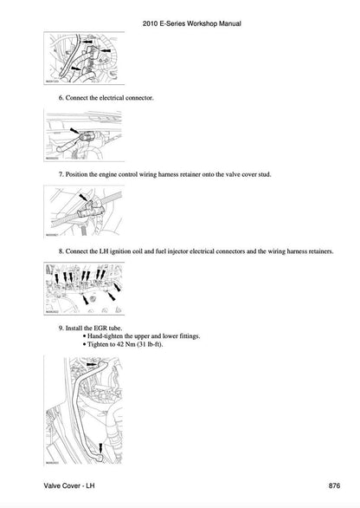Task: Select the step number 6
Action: point(61,99)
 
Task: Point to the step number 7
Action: point(61,174)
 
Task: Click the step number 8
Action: point(61,251)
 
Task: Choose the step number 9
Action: point(61,328)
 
